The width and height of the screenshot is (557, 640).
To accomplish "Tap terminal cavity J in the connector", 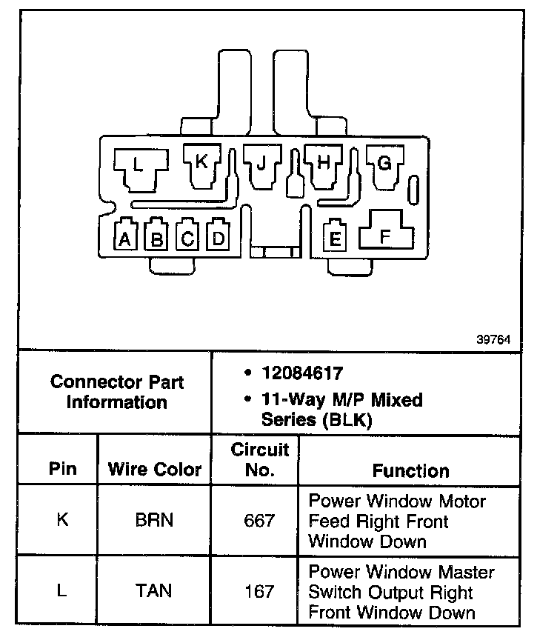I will coord(261,164).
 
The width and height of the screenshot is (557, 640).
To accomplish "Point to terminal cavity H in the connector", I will coord(324,164).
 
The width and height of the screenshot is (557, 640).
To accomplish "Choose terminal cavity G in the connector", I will coord(384,164).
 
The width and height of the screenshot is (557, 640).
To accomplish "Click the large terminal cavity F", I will coord(385,234).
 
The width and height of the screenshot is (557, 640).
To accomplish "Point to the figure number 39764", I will coord(493,340).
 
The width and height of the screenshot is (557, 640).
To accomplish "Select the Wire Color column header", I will coord(155,470).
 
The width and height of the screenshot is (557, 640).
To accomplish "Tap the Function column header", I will coord(410,470).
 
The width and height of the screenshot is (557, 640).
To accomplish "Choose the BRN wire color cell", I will coord(154,520).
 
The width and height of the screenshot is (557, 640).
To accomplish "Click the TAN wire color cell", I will coord(154,591).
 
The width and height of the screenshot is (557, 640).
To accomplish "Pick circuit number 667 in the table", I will coord(259,521).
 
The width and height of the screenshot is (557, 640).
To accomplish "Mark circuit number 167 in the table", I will coord(259,591).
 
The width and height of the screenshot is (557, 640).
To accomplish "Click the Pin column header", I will coord(62,470).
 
